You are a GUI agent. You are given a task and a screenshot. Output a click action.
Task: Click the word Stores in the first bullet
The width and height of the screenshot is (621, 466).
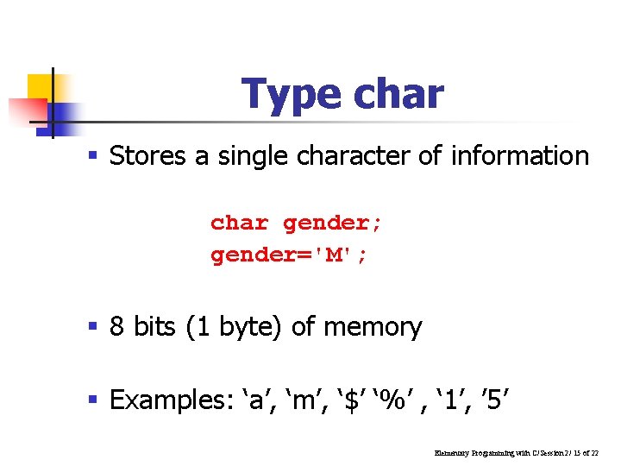147,156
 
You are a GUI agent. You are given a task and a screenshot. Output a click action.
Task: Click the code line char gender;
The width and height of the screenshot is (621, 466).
296,223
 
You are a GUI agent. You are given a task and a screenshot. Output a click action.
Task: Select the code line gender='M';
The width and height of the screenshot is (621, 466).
288,255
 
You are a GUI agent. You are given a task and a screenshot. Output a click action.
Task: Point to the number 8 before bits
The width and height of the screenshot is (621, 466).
117,327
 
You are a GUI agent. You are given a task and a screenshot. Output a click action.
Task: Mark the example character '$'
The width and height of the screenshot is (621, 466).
352,400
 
